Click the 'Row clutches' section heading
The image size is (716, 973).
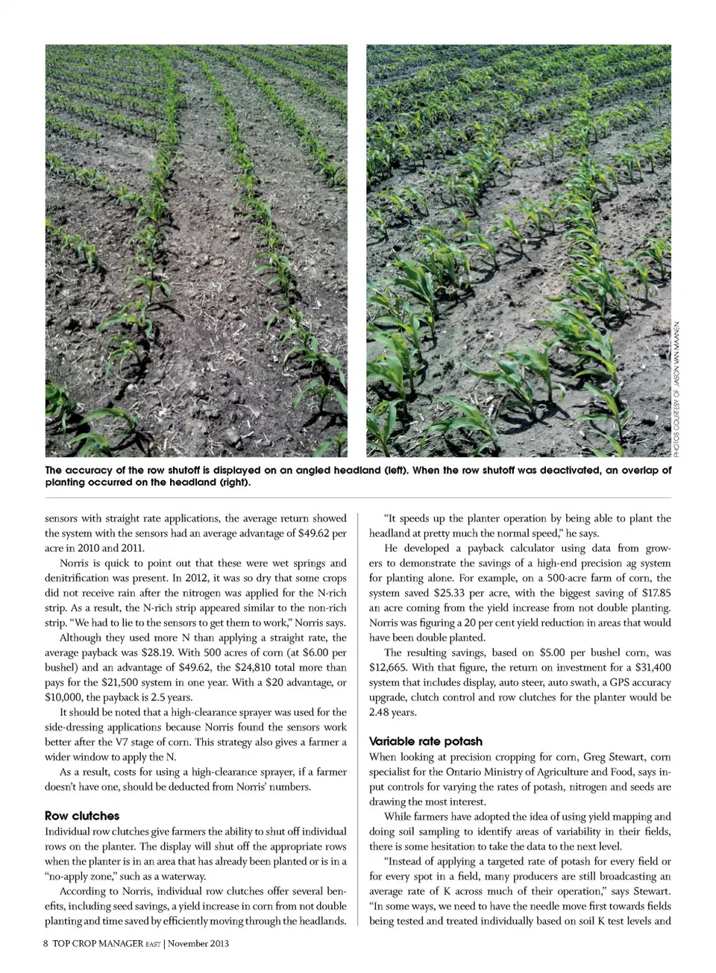(82, 816)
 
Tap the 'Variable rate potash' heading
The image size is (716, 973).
(425, 741)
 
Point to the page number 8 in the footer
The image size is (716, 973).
(46, 943)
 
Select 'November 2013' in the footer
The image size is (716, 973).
(198, 943)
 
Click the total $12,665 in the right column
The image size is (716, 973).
(388, 667)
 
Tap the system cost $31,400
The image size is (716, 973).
(653, 667)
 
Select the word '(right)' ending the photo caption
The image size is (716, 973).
(230, 482)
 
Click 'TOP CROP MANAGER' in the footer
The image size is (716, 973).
(98, 943)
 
